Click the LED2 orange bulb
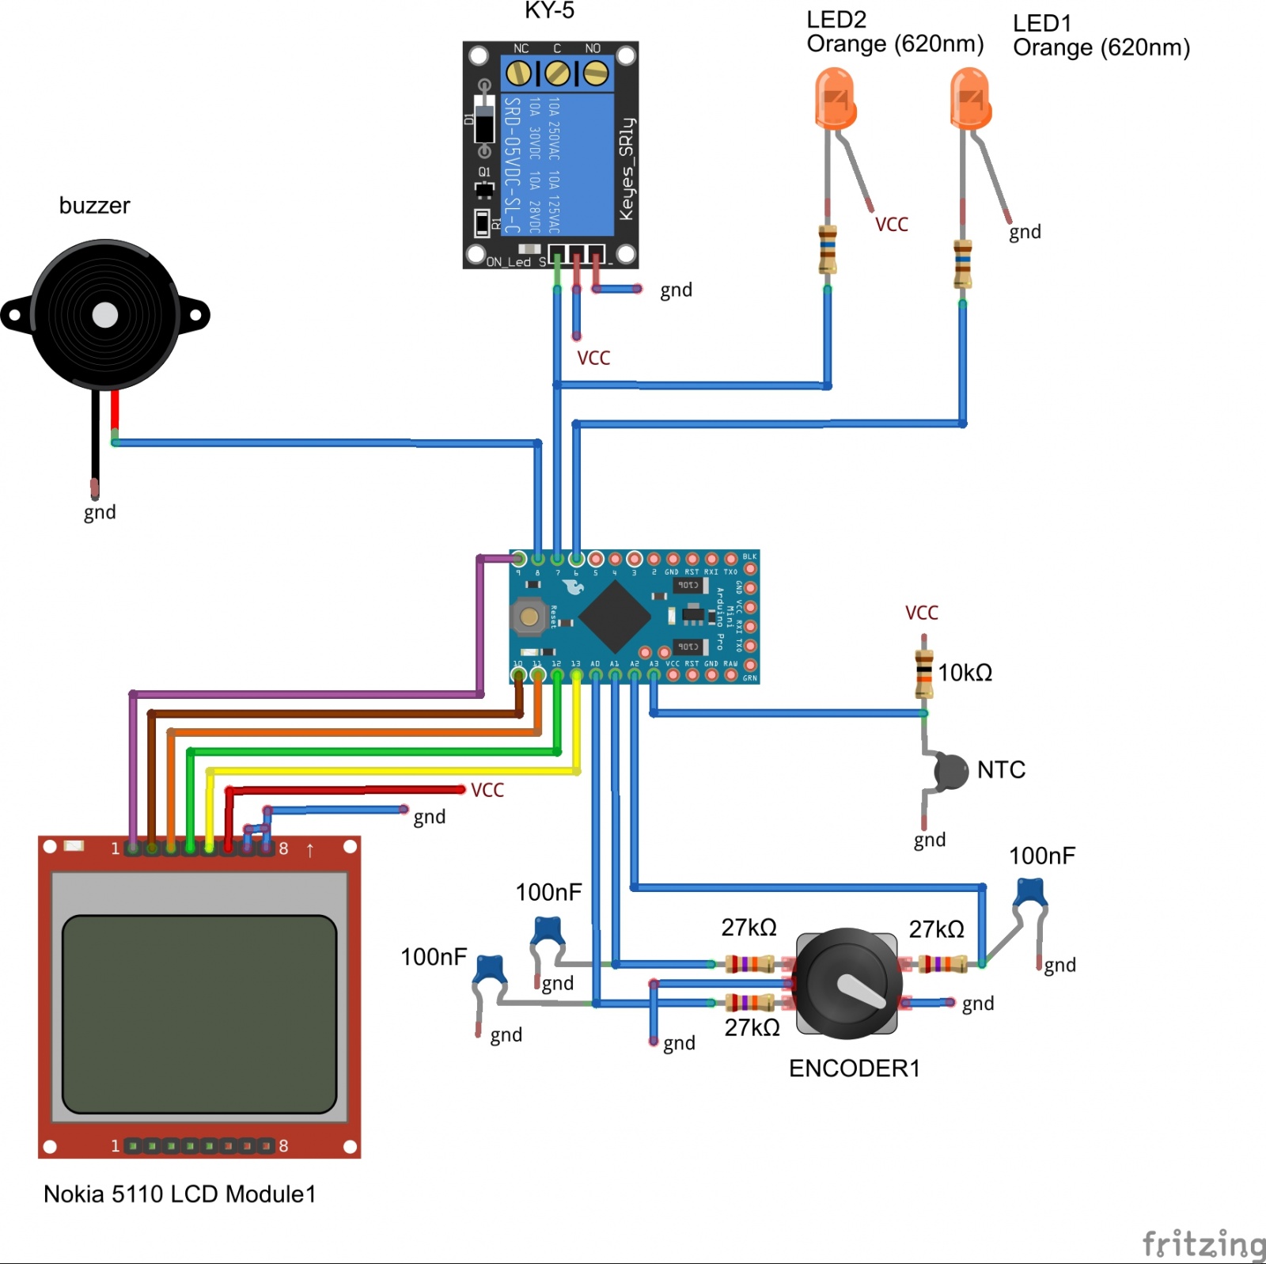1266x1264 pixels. coord(836,98)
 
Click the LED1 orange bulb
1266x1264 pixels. coord(970,98)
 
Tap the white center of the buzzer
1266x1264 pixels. coord(105,315)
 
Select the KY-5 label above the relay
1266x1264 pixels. coord(549,10)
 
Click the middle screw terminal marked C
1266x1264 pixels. coord(558,74)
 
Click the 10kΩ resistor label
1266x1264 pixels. coord(965,673)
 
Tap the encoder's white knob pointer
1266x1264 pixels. coord(861,990)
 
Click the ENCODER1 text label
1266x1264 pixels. coord(855,1069)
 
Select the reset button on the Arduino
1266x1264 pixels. coord(529,617)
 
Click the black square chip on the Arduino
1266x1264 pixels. coord(616,617)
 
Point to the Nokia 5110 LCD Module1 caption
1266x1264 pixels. coord(180,1194)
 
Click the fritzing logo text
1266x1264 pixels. coord(1203,1244)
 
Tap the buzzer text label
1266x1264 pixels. coord(94,206)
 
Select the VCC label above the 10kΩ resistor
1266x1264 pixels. coord(922,613)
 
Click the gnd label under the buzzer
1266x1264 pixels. coord(100,512)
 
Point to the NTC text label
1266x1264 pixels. coord(1001,769)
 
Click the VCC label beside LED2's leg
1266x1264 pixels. coord(892,225)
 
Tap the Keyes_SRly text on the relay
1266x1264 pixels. coord(627,169)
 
